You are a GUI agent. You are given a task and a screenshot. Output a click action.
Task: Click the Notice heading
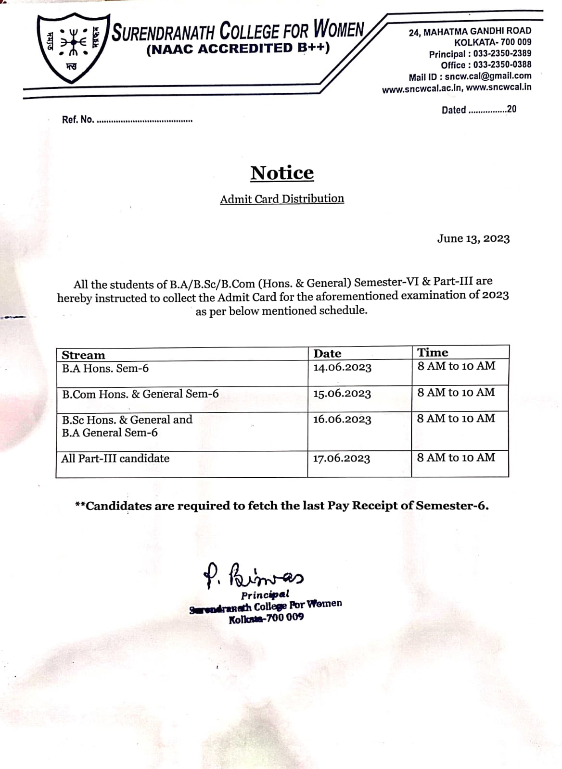click(x=282, y=173)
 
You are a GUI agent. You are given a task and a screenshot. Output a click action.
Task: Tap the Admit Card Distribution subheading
click(x=282, y=198)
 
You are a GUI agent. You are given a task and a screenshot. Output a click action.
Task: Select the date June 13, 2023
click(x=473, y=238)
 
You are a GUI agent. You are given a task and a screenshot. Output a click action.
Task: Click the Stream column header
click(x=83, y=355)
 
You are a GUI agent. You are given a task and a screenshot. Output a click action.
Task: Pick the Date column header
click(x=327, y=354)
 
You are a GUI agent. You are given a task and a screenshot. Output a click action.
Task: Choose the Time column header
click(x=432, y=352)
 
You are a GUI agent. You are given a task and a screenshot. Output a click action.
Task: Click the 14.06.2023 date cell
click(x=342, y=368)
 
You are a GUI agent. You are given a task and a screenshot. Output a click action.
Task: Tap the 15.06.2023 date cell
click(x=342, y=394)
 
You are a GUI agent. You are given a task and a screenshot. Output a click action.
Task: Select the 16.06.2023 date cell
click(x=342, y=419)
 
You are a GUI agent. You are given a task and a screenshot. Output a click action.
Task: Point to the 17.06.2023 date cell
click(x=342, y=459)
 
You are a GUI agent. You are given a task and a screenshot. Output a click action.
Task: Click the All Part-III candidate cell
click(x=115, y=459)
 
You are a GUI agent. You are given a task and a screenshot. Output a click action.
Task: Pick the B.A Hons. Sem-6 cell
click(x=105, y=369)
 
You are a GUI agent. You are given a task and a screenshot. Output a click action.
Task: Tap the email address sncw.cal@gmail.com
click(x=488, y=76)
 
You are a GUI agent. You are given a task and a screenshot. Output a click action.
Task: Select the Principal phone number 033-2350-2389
click(x=502, y=54)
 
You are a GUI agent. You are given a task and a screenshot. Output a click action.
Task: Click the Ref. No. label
click(x=77, y=120)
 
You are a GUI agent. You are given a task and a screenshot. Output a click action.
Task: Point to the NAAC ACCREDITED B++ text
click(x=238, y=49)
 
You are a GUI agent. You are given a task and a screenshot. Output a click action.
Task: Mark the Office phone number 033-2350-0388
click(x=502, y=65)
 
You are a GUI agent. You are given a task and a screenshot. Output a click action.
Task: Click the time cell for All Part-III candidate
click(x=456, y=458)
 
